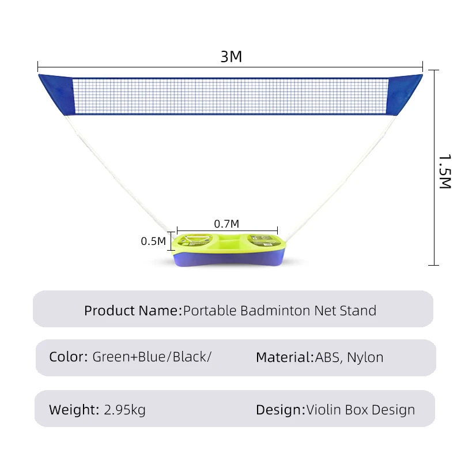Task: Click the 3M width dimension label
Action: tap(231, 56)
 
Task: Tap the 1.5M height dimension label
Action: tap(445, 171)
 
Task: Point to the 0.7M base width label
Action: tap(226, 224)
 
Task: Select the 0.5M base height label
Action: tap(153, 241)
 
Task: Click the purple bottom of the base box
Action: tap(229, 258)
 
